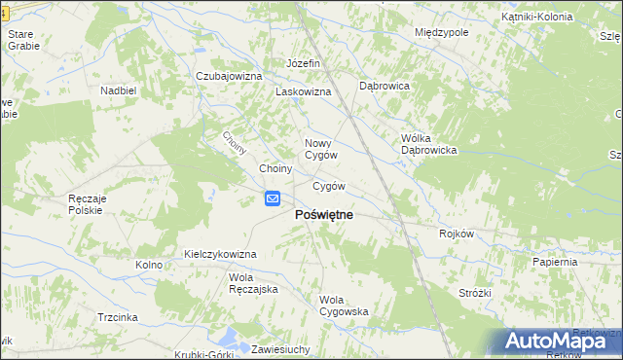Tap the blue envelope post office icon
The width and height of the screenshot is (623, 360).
point(274,199)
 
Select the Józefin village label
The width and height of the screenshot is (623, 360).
point(303,64)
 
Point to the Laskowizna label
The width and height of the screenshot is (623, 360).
point(304,91)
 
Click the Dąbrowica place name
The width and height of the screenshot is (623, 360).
point(385,86)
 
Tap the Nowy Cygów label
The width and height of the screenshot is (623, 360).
point(321,148)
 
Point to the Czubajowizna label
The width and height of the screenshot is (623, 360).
point(230,76)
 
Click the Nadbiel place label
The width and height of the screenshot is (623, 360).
point(118,90)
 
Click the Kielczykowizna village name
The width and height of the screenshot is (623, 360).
point(220,254)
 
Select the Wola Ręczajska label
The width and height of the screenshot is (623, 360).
point(254,283)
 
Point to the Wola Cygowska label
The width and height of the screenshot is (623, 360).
point(344,306)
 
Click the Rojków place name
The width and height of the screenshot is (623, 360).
point(456,234)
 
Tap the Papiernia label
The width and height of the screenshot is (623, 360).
point(555,262)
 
